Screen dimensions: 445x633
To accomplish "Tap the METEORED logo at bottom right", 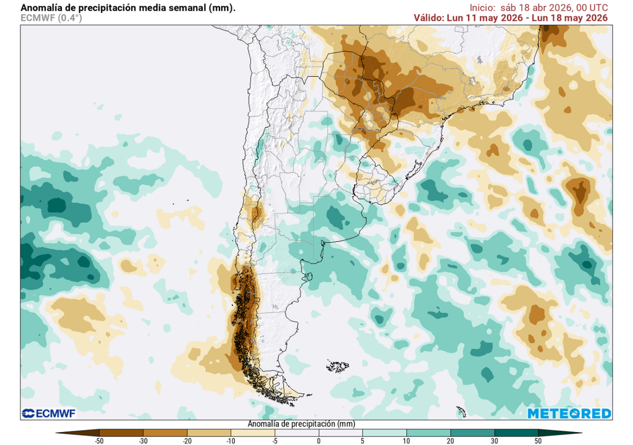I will (569, 413).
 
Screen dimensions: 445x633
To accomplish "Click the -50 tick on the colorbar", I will (99, 441).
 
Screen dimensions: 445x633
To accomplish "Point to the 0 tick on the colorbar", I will (318, 441).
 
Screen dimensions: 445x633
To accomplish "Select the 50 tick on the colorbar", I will (538, 441).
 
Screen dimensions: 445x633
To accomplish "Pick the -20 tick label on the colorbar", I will (187, 441).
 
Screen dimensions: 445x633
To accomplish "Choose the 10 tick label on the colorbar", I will (407, 441).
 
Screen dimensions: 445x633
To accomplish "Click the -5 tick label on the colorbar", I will (274, 441).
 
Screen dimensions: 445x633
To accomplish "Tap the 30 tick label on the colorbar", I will (495, 441).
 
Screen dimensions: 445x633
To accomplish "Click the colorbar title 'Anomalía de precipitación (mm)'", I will (301, 425).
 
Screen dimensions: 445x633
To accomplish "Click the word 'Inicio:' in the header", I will (483, 7).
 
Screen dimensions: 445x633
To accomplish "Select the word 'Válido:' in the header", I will (428, 17).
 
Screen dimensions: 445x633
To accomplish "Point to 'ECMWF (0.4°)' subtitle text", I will (51, 18).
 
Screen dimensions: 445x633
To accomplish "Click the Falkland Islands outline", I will (338, 367).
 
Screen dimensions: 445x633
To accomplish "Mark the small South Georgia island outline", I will (461, 410).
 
